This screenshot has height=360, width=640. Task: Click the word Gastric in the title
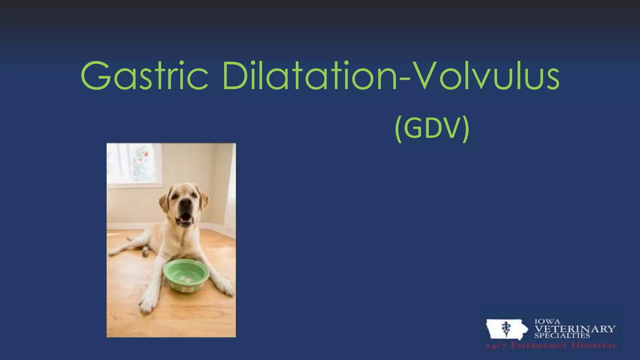144,76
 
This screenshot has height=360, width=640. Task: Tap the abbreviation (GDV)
432,128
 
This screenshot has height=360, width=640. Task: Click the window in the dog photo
134,164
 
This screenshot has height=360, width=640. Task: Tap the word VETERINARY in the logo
575,329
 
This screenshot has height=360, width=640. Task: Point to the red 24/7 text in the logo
494,346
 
